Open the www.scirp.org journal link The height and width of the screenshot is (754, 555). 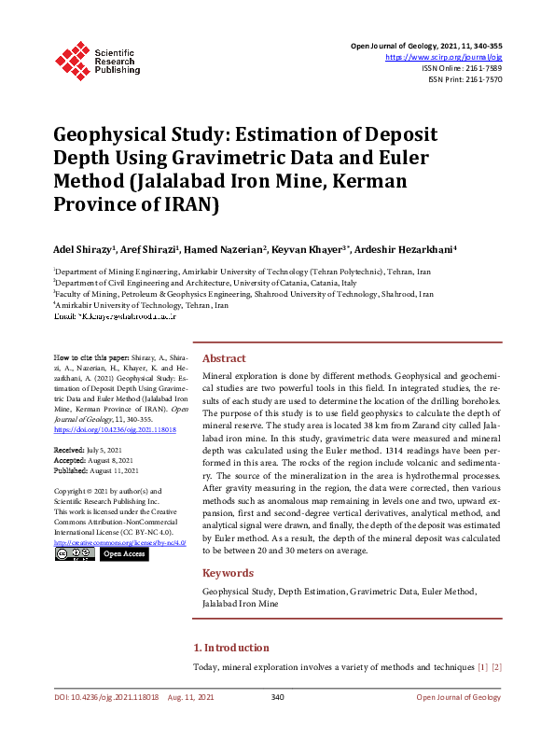click(x=443, y=57)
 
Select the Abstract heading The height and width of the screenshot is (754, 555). click(x=224, y=358)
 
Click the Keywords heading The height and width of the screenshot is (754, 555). click(x=228, y=573)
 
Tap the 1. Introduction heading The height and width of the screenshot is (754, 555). click(x=231, y=648)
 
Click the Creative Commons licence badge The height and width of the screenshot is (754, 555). click(x=75, y=554)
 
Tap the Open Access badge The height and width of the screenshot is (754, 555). click(x=124, y=554)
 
